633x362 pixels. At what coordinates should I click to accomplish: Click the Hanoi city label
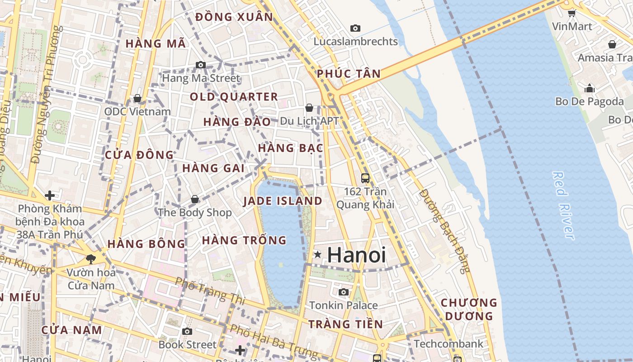(356, 255)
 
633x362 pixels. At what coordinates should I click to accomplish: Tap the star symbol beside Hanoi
(318, 255)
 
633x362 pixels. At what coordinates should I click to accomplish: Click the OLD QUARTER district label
(234, 97)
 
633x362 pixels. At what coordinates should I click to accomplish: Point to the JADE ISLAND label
(283, 201)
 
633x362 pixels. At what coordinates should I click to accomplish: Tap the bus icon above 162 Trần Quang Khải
(365, 178)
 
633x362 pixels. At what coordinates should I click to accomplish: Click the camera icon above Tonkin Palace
(344, 292)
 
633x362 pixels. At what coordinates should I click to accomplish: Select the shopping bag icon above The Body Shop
(195, 199)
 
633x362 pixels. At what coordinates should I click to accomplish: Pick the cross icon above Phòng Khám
(50, 195)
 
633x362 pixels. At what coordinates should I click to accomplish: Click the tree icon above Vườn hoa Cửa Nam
(90, 259)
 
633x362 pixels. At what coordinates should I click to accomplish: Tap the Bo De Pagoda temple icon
(590, 88)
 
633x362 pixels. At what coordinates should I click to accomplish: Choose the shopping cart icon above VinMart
(572, 13)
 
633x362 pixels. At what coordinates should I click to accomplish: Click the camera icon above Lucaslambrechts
(355, 28)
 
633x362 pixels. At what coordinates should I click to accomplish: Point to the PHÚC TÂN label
(349, 74)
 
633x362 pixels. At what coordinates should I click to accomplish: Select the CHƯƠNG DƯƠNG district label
(468, 309)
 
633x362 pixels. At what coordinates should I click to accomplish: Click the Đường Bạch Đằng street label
(444, 231)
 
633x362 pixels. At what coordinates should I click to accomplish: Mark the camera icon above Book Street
(187, 331)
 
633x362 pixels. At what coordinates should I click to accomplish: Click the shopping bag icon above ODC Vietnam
(137, 98)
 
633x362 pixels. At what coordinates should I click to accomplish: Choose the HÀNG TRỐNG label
(244, 240)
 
